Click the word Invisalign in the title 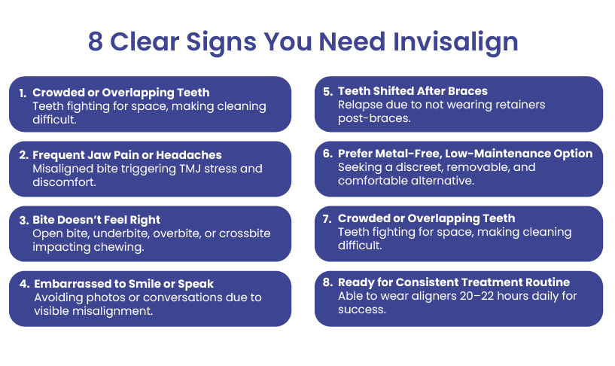click(x=455, y=42)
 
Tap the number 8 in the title click(x=96, y=41)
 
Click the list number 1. click(x=23, y=93)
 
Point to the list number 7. click(x=327, y=218)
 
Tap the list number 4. click(x=24, y=284)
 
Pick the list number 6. click(x=328, y=154)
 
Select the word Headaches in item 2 click(x=189, y=155)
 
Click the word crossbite click(x=245, y=233)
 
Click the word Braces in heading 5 click(x=467, y=91)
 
